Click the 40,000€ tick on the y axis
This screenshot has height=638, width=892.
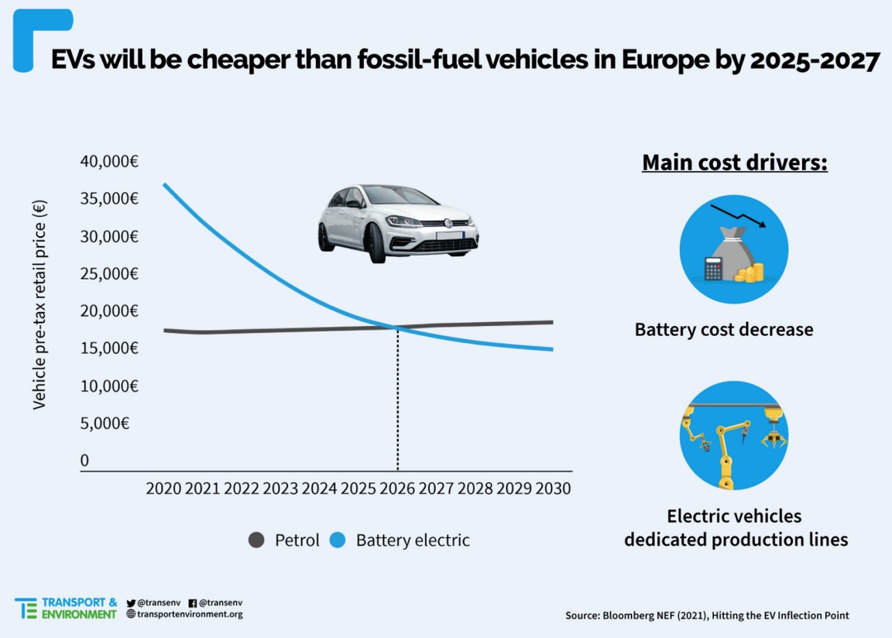click(x=109, y=162)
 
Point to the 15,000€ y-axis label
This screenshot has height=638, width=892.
click(x=109, y=348)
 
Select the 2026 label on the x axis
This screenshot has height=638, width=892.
click(x=398, y=489)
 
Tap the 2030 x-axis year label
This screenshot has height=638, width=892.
click(x=554, y=489)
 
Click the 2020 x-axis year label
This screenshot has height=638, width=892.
click(x=163, y=489)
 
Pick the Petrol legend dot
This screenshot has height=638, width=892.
click(x=256, y=540)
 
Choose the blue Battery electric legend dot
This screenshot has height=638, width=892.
click(x=338, y=540)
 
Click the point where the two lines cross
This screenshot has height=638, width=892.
click(x=398, y=328)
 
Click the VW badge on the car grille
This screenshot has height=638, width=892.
click(x=447, y=223)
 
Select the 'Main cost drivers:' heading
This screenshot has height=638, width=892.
click(x=735, y=163)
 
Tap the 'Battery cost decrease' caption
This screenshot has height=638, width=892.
click(x=724, y=329)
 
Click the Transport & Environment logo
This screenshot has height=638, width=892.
click(x=66, y=608)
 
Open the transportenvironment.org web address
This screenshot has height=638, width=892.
click(x=190, y=614)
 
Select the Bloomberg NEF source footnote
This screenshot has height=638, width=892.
click(x=707, y=616)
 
